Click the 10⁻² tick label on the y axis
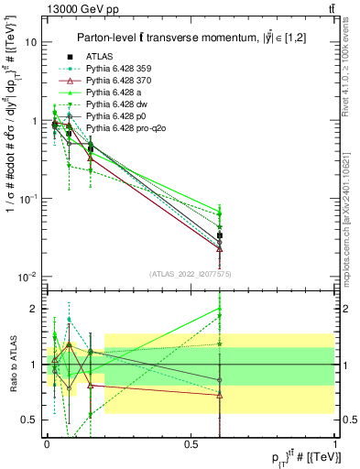(x=28, y=277)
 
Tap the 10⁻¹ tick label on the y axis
(x=28, y=199)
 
